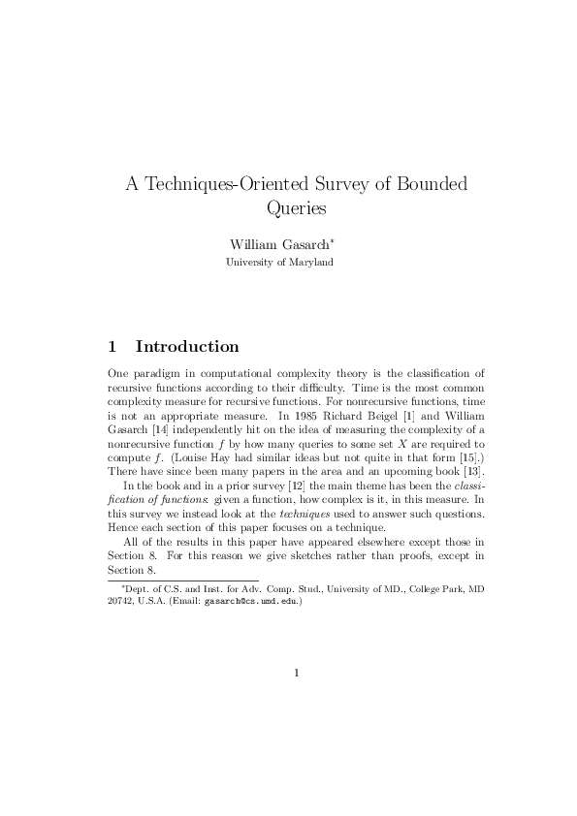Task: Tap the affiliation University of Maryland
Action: tap(280, 262)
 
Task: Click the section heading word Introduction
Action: tap(187, 346)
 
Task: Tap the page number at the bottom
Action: tap(296, 673)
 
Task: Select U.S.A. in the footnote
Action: tap(159, 601)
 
